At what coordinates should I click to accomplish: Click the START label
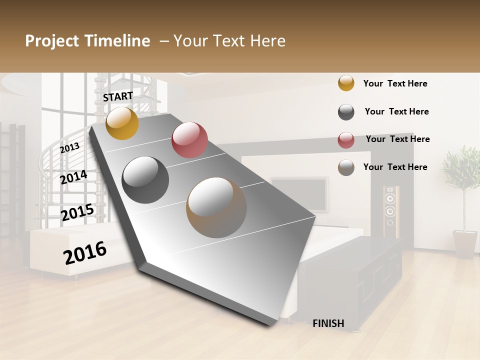coord(118,96)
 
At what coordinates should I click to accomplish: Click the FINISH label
coord(328,323)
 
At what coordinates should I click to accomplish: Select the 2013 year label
coord(69,147)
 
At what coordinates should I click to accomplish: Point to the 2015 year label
coord(77,212)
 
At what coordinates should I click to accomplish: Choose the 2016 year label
coord(85,252)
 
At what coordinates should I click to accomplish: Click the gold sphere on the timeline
coord(122,123)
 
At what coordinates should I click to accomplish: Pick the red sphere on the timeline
coord(189,140)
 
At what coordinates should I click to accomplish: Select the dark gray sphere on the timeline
coord(145,180)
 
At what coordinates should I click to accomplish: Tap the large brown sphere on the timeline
coord(216,207)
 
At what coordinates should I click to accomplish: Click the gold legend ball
coord(346,83)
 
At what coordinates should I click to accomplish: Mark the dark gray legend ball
coord(346,112)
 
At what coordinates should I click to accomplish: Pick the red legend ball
coord(346,140)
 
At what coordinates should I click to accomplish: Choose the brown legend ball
coord(346,167)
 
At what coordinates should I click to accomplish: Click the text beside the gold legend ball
coord(395,83)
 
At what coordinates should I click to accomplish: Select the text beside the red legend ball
coord(397,139)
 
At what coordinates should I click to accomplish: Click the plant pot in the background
coord(465,243)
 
